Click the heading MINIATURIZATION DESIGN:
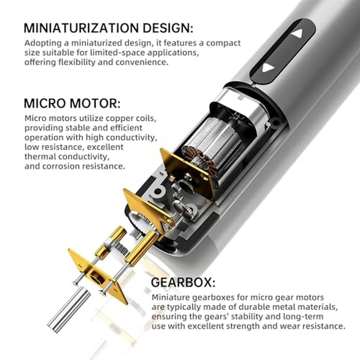click(108, 28)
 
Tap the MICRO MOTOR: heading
click(72, 103)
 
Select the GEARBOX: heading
click(183, 282)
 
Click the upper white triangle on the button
click(298, 33)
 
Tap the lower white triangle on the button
click(267, 68)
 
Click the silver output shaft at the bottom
click(68, 306)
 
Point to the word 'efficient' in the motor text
click(126, 128)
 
